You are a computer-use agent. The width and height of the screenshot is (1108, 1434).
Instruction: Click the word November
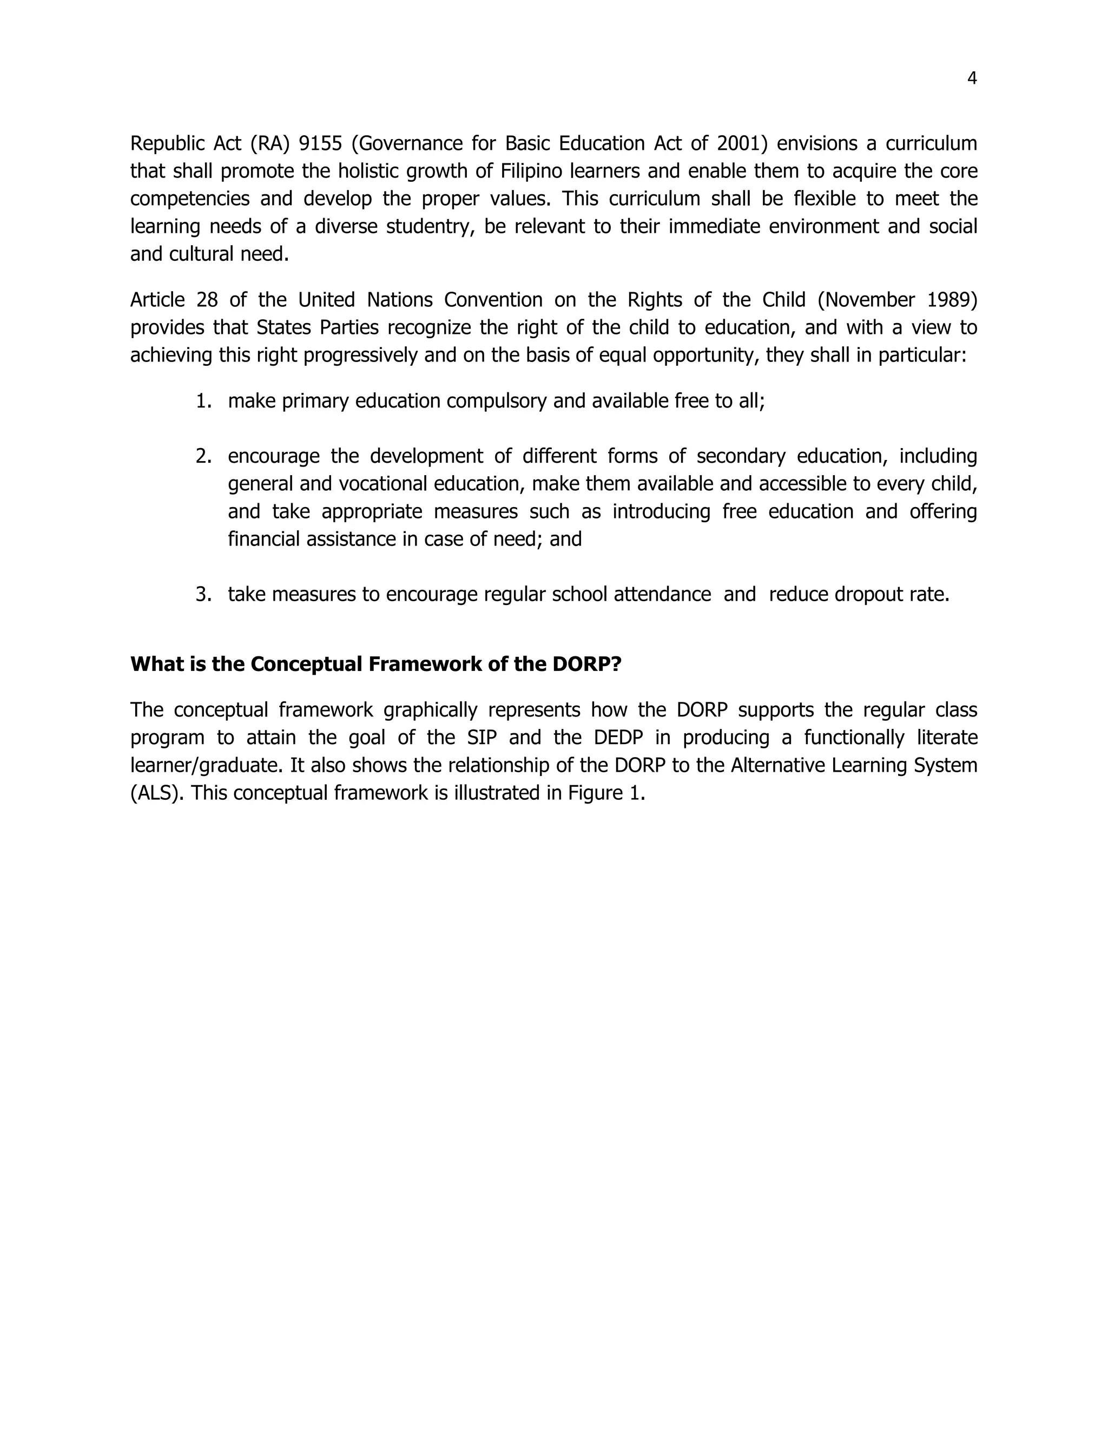pos(870,300)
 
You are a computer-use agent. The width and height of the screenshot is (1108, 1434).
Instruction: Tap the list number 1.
pos(203,401)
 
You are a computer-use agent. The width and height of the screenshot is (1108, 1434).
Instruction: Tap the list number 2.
pos(203,456)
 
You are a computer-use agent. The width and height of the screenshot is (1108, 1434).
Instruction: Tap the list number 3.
pos(203,595)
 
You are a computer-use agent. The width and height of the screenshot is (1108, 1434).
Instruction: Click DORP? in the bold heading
pos(586,665)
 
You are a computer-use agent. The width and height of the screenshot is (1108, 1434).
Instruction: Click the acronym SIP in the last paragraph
pos(482,738)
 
